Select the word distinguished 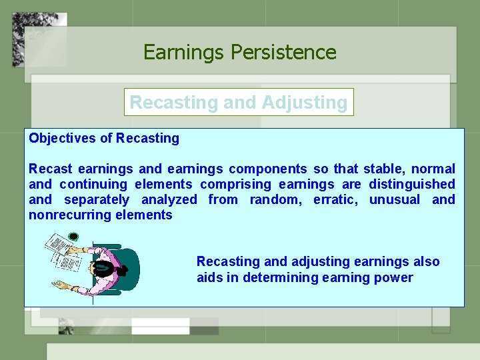412,185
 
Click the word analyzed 169,200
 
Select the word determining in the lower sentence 279,277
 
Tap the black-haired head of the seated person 104,268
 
